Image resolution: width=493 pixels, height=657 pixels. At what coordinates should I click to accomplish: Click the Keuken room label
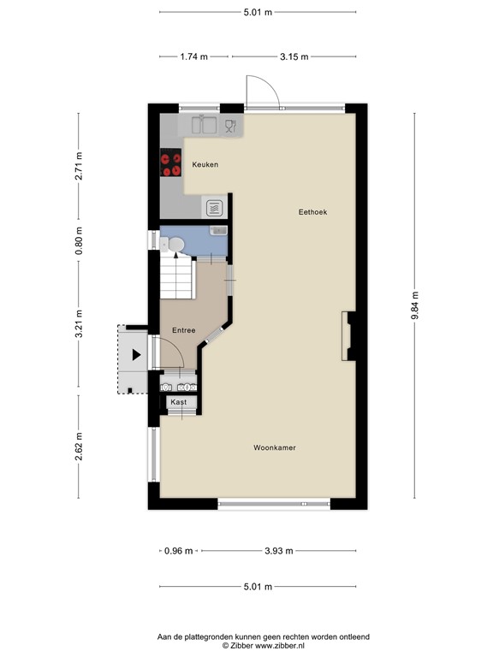[x=205, y=164]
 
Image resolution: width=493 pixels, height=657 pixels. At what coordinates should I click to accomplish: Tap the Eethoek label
[x=312, y=211]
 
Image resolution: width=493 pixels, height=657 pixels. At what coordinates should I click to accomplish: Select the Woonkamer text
[x=275, y=447]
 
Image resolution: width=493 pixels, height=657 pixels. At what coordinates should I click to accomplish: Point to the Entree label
[x=183, y=330]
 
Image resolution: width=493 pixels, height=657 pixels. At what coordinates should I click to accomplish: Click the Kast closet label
[x=179, y=401]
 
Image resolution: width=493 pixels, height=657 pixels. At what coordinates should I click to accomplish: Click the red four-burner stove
[x=170, y=163]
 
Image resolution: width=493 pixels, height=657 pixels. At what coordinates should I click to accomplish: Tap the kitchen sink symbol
[x=204, y=126]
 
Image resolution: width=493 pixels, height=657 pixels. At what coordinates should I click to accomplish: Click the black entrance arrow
[x=136, y=354]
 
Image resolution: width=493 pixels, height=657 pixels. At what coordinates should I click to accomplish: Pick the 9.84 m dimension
[x=416, y=304]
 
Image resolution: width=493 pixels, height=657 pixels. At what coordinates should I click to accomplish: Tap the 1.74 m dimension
[x=193, y=56]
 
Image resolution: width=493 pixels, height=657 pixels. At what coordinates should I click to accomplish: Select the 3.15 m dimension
[x=294, y=56]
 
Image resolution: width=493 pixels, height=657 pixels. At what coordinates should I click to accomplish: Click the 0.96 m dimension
[x=179, y=550]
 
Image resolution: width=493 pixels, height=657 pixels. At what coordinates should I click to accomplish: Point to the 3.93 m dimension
[x=277, y=550]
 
